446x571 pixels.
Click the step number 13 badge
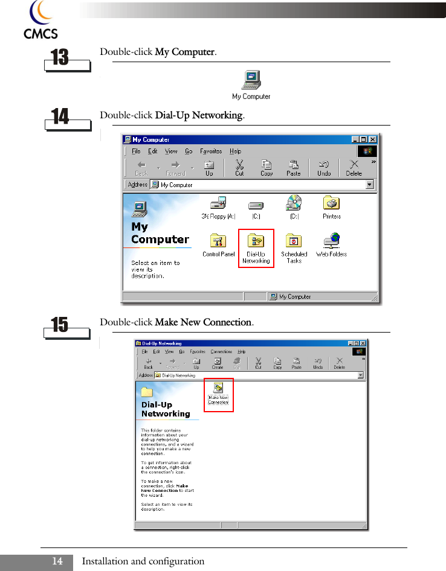tap(60, 58)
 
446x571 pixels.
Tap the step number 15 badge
tap(60, 326)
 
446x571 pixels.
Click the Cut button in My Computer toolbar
tap(239, 167)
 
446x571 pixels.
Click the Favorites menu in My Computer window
tap(211, 152)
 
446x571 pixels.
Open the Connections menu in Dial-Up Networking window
tap(221, 351)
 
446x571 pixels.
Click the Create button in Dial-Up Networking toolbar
tap(218, 363)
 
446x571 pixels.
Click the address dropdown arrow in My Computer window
tap(370, 185)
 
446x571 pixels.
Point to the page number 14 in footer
tap(57, 561)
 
